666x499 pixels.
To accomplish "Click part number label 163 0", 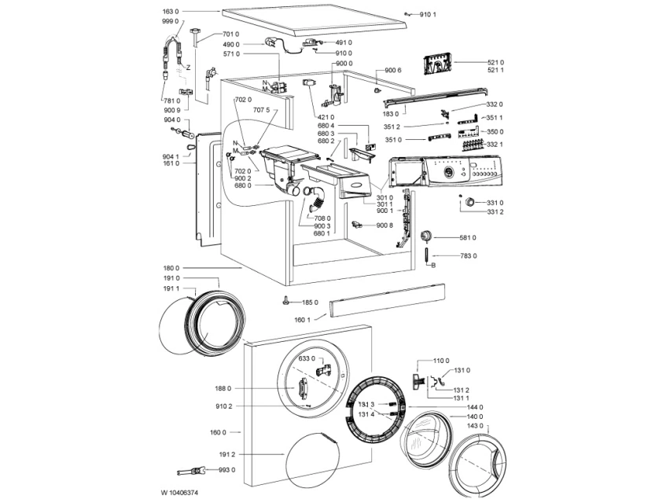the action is click(171, 12).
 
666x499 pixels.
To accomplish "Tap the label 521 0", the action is click(495, 62).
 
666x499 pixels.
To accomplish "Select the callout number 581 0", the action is click(468, 237).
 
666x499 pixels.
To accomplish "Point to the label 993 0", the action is click(226, 470).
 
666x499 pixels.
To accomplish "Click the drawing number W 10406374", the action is click(179, 493).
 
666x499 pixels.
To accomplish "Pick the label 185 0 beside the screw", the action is click(310, 303).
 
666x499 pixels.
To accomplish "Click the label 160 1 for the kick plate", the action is click(303, 320).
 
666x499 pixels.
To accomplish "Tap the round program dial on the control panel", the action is click(448, 172).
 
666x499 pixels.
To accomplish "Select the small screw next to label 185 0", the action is click(286, 301).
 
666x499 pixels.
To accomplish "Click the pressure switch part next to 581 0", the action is click(425, 237).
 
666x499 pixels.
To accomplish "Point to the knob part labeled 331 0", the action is click(470, 201).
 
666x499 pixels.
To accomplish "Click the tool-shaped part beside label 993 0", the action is click(193, 471).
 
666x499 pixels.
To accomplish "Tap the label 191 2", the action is click(226, 454).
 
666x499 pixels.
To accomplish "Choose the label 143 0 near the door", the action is click(475, 426).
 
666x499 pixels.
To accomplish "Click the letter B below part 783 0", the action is click(434, 266).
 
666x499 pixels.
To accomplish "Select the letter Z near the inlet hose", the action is click(188, 68).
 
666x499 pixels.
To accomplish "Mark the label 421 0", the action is click(326, 116).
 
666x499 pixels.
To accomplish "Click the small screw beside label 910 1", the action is click(408, 14).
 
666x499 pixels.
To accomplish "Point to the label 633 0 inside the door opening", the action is click(307, 358).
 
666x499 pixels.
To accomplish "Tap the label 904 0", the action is click(171, 119).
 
